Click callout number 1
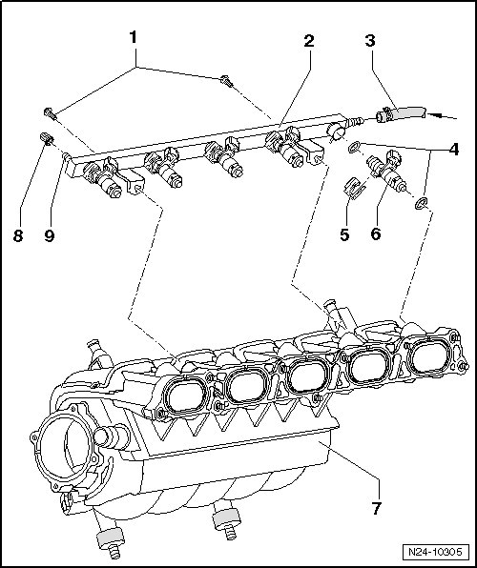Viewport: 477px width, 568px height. (134, 37)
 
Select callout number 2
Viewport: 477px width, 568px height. (309, 41)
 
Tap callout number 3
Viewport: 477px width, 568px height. (370, 41)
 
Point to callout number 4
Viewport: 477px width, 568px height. (454, 150)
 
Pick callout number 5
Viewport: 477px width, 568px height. (344, 234)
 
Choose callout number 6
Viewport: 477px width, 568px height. (376, 234)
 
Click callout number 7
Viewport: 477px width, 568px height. (376, 509)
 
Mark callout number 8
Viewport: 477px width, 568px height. (18, 235)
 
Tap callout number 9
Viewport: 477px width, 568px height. (50, 235)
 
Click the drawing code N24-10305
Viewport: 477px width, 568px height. (435, 552)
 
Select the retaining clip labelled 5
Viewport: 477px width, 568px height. (354, 189)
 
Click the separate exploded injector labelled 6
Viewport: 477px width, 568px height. (386, 170)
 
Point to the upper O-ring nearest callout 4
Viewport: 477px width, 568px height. (354, 147)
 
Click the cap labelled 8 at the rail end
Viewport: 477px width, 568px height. (47, 138)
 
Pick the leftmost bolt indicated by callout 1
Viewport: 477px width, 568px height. (51, 114)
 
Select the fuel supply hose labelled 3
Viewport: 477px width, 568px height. (401, 113)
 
